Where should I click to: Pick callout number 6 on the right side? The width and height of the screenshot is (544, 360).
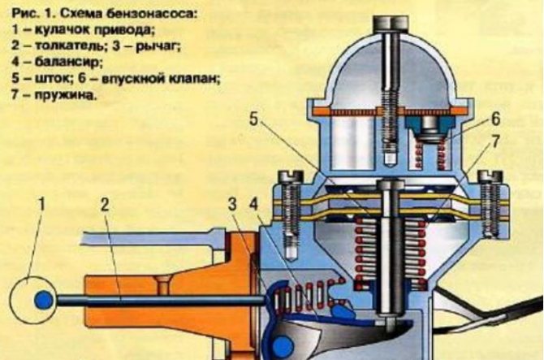494,119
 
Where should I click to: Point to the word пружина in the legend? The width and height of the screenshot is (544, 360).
62,93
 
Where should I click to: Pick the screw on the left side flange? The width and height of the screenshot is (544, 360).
288,203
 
